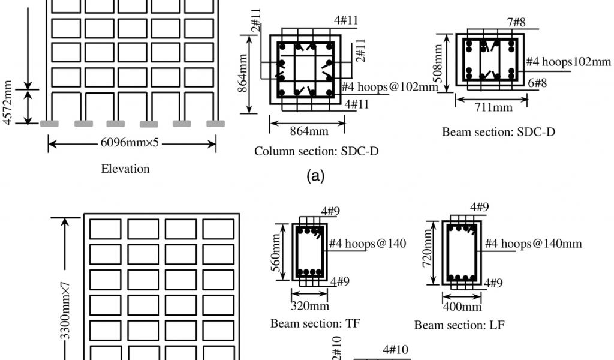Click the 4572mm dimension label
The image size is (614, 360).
click(x=8, y=103)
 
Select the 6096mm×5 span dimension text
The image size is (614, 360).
click(x=131, y=143)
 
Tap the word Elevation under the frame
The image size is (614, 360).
click(x=125, y=169)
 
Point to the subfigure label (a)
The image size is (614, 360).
click(x=315, y=176)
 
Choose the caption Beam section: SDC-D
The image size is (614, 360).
click(x=498, y=132)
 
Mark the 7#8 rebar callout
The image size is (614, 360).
click(x=516, y=23)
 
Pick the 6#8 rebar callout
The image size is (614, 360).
click(x=537, y=83)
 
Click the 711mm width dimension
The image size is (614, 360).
click(x=493, y=107)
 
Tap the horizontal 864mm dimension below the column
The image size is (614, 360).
click(x=307, y=131)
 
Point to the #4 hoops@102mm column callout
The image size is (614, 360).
click(x=390, y=87)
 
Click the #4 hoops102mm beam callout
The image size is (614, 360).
click(x=568, y=62)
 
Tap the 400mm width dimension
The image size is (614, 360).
click(x=462, y=307)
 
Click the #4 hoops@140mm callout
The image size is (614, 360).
click(x=533, y=244)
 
